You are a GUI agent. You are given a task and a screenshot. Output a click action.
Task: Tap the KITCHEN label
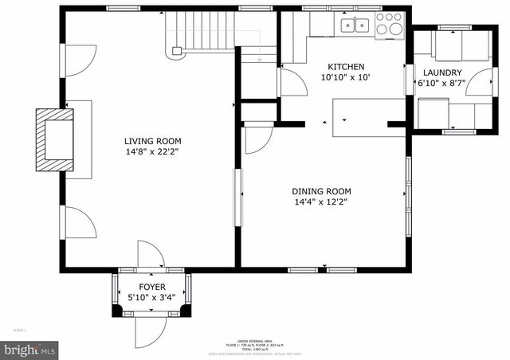click(346, 67)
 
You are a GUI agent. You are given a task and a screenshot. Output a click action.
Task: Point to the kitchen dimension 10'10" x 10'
click(346, 78)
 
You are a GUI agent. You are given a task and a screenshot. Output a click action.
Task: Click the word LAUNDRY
click(442, 72)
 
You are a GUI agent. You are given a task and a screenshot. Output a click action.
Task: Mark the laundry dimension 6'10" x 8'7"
click(442, 84)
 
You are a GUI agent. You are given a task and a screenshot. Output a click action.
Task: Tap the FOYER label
click(152, 287)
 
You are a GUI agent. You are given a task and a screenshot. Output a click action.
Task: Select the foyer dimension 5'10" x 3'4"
click(152, 298)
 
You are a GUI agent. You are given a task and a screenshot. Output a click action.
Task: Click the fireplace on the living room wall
click(54, 139)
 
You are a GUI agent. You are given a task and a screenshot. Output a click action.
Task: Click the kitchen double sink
click(354, 25)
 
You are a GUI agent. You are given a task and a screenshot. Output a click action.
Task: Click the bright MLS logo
click(29, 349)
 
